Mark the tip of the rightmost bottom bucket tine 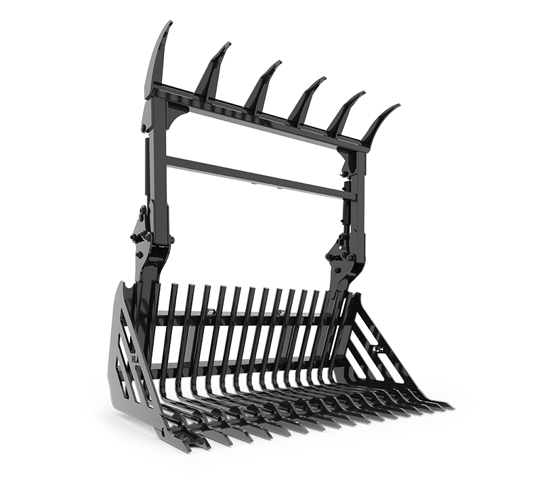click(x=450, y=408)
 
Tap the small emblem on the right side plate click(x=378, y=350)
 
